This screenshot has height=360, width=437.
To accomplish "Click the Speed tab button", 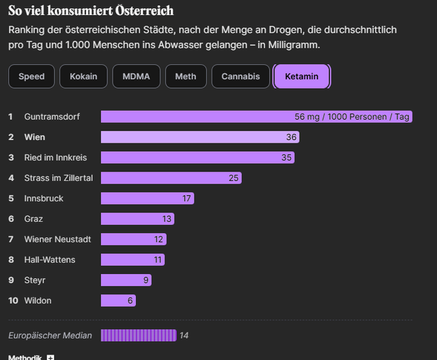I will [31, 77].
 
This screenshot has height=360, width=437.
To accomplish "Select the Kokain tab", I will [83, 77].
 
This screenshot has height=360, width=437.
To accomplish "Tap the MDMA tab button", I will [137, 77].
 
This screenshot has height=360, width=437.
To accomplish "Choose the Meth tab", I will [186, 77].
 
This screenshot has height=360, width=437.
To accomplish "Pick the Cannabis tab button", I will [240, 77].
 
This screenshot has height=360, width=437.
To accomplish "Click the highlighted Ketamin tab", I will [301, 77].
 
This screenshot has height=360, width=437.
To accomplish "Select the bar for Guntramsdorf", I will [256, 117].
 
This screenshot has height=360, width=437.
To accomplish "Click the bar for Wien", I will [199, 137].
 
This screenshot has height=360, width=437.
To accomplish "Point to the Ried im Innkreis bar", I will [197, 158].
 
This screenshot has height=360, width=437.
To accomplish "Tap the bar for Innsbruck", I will [147, 199].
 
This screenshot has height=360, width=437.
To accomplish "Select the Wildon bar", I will [117, 301].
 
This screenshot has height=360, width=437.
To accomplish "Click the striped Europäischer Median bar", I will [139, 335].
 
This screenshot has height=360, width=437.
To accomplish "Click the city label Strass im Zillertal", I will [58, 178].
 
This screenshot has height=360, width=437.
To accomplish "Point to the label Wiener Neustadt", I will [57, 239].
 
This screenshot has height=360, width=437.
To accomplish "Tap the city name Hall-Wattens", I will [50, 260].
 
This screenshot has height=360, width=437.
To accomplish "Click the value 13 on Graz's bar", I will [167, 219].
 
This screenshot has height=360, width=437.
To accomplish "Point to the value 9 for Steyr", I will [146, 280].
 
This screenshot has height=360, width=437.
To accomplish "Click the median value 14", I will [184, 335].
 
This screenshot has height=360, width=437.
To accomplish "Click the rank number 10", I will [12, 301].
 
